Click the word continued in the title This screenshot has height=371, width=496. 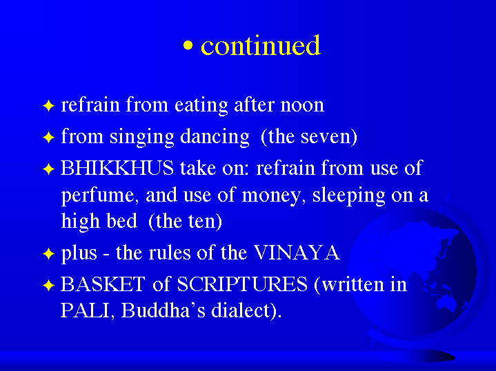click(261, 45)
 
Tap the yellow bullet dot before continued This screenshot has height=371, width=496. click(188, 46)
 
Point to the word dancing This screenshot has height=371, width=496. click(215, 138)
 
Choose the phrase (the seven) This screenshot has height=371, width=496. click(309, 137)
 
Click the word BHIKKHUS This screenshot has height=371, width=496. click(117, 168)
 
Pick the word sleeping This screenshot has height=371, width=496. click(348, 195)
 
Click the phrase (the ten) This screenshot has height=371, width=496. click(185, 221)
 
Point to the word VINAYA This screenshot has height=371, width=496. click(297, 253)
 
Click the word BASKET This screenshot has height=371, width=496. click(103, 284)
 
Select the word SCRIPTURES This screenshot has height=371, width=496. click(242, 284)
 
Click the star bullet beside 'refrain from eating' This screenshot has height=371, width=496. click(49, 105)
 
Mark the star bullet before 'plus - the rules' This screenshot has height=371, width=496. click(49, 253)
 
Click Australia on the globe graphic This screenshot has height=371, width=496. click(446, 302)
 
